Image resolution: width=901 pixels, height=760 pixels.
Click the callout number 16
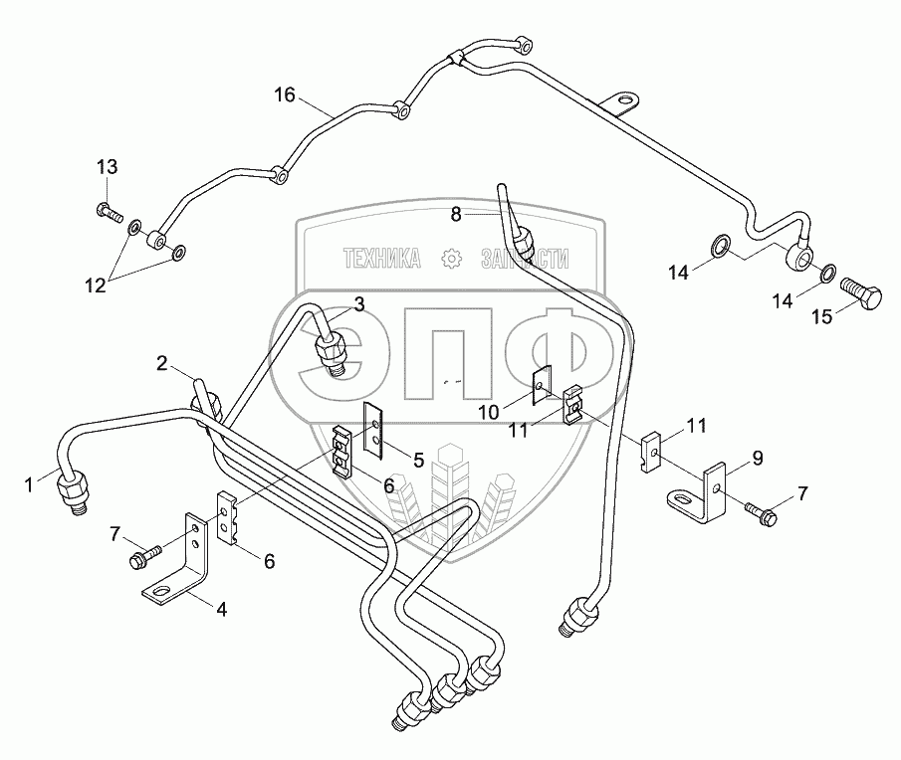pyautogui.click(x=285, y=95)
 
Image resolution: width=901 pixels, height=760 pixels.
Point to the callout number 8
pyautogui.click(x=455, y=213)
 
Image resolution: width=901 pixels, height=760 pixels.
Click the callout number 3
pyautogui.click(x=358, y=302)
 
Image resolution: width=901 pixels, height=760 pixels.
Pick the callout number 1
pyautogui.click(x=30, y=484)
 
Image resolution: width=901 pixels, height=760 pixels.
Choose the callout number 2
pyautogui.click(x=160, y=365)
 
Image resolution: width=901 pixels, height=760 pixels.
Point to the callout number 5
pyautogui.click(x=418, y=460)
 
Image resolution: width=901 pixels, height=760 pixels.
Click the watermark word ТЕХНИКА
pyautogui.click(x=381, y=259)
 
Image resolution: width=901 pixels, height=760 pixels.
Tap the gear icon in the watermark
pyautogui.click(x=451, y=259)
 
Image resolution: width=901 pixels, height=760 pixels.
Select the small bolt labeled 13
pyautogui.click(x=107, y=210)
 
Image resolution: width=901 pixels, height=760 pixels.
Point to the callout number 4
pyautogui.click(x=222, y=610)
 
